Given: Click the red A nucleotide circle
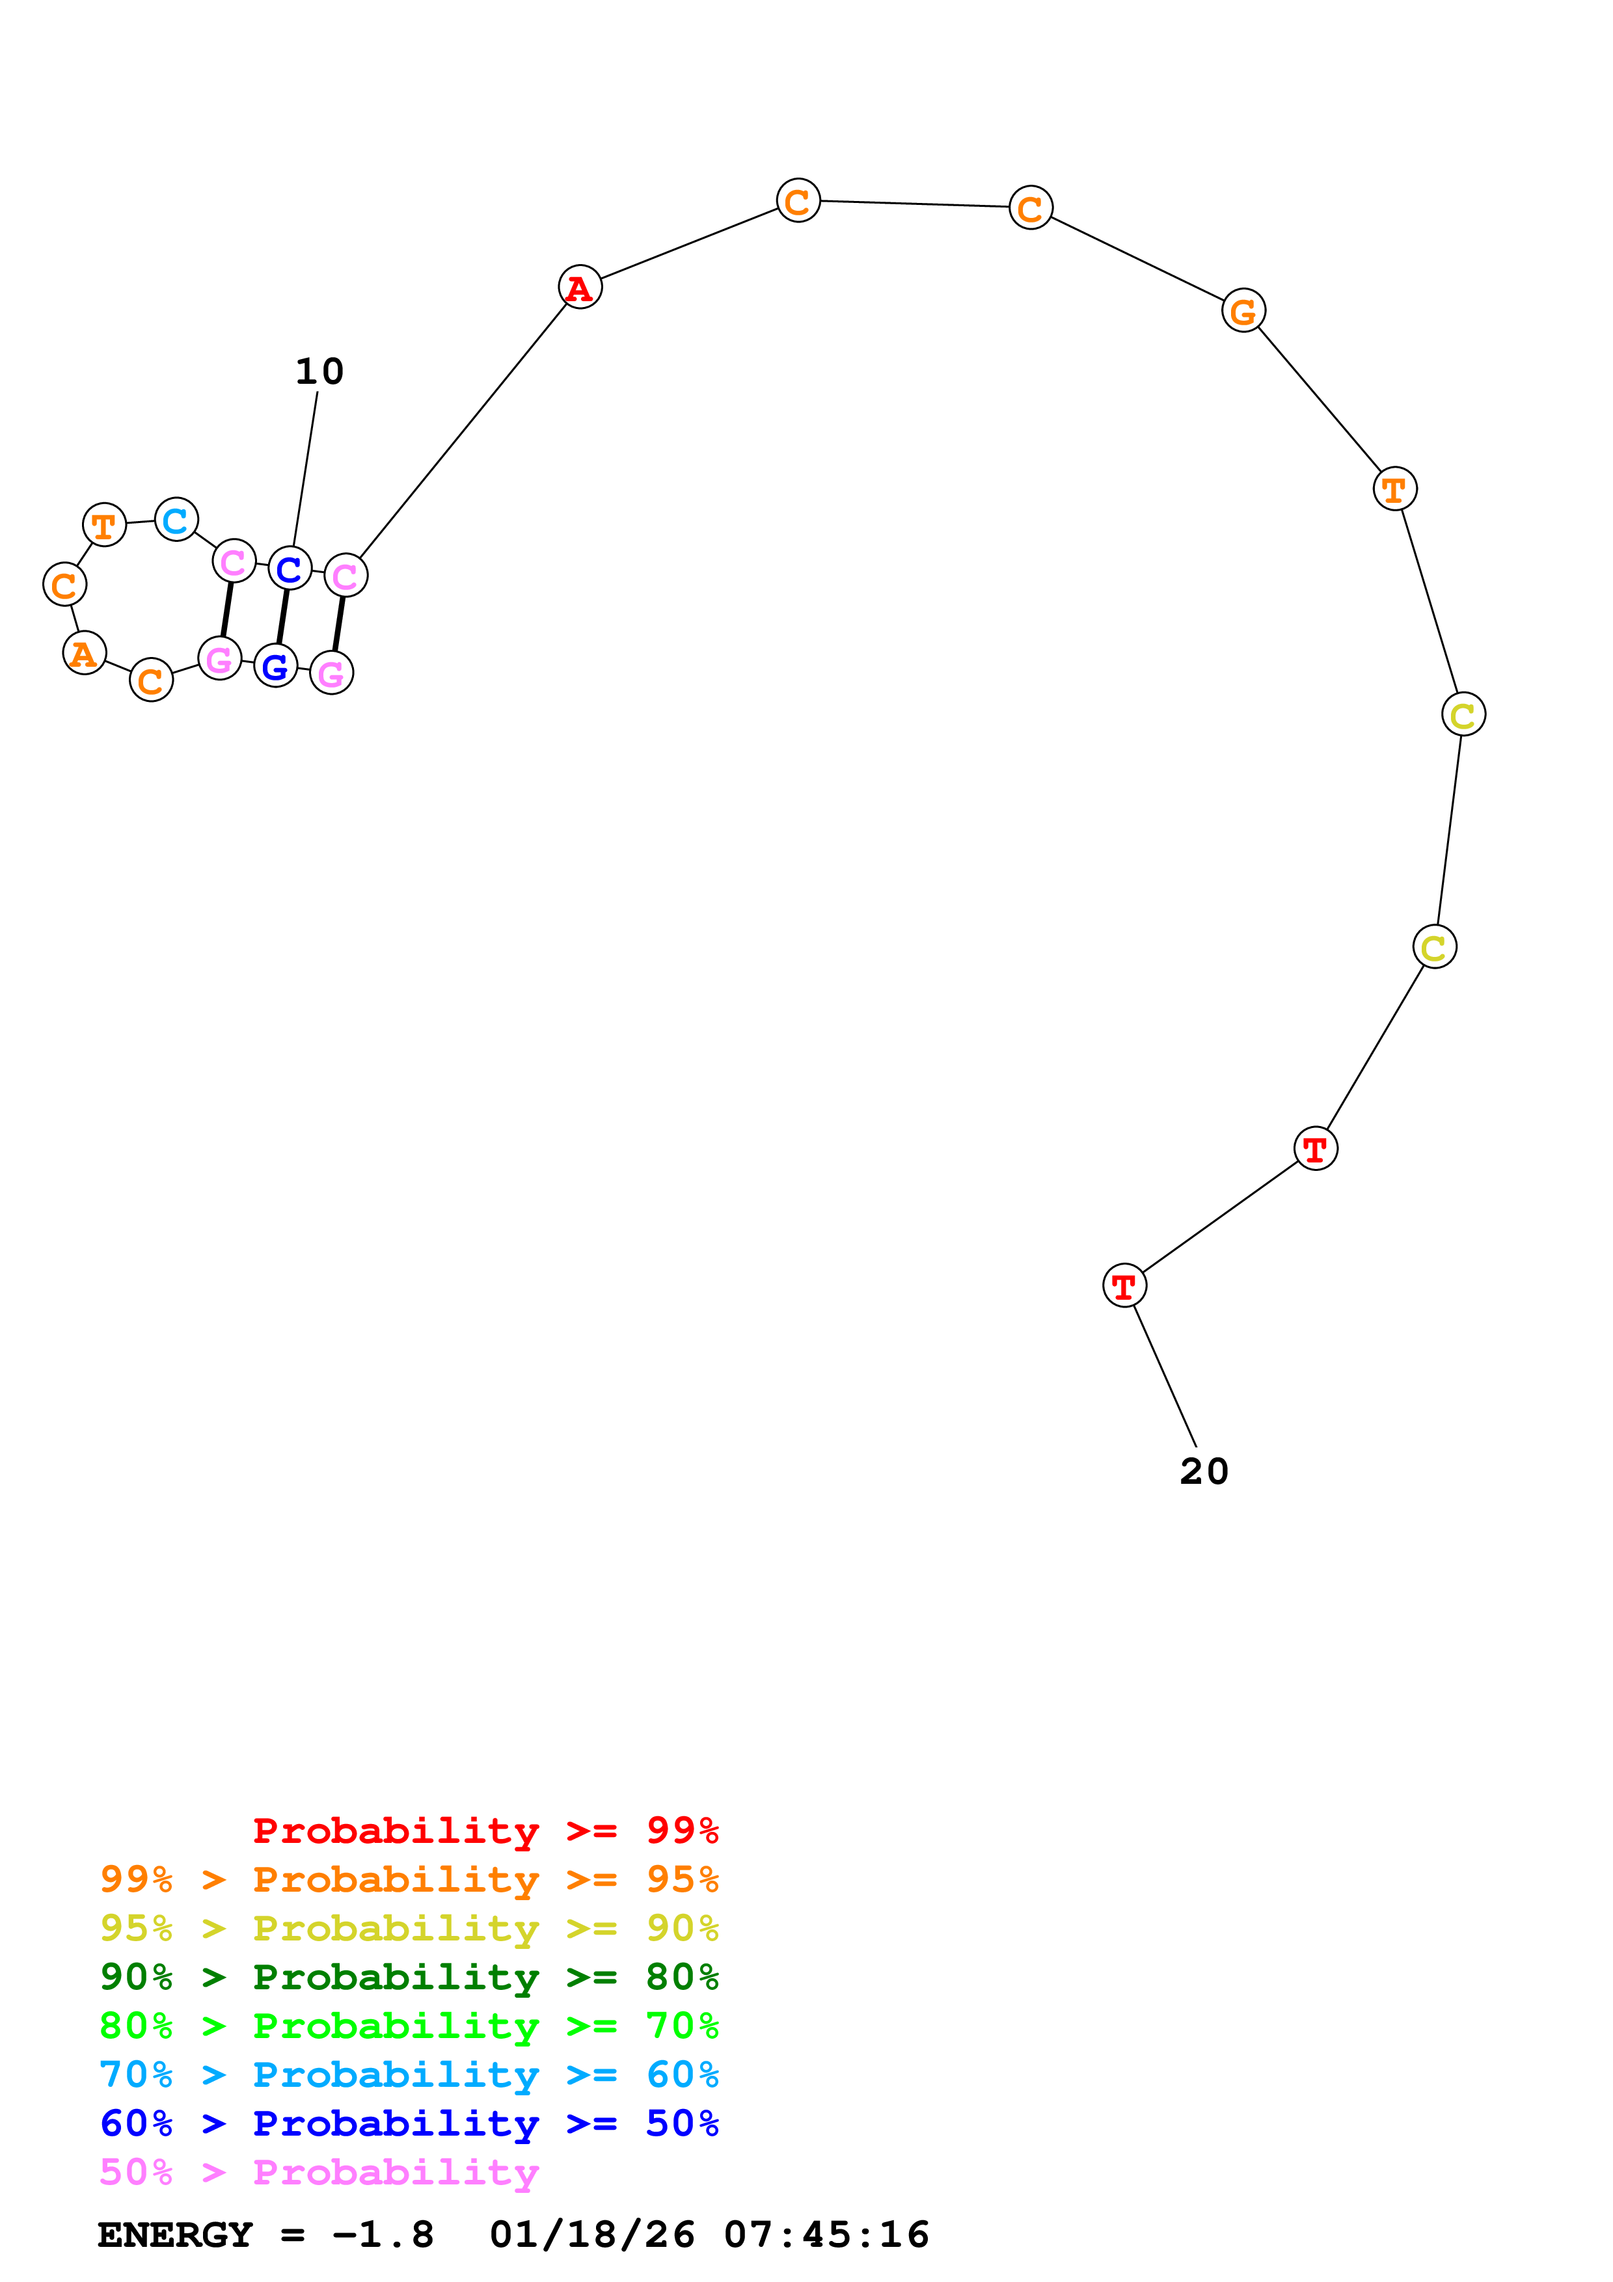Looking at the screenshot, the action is [579, 288].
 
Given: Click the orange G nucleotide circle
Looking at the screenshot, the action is [1243, 311].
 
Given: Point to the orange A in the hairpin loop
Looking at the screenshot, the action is [85, 653].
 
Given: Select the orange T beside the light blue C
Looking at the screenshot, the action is [104, 525].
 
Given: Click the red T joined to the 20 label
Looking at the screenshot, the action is [1124, 1285].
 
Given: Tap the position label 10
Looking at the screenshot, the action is [319, 371].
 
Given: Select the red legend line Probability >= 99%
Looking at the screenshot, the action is [485, 1830].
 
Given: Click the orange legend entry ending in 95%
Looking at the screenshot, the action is [409, 1879].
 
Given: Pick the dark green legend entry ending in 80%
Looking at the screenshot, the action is [409, 1977].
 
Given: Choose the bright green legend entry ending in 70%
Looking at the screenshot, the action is [409, 2026].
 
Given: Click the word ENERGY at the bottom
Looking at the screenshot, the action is [175, 2235].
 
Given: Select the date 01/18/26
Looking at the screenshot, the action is [592, 2235].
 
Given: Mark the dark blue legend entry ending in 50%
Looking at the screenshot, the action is [409, 2123].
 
